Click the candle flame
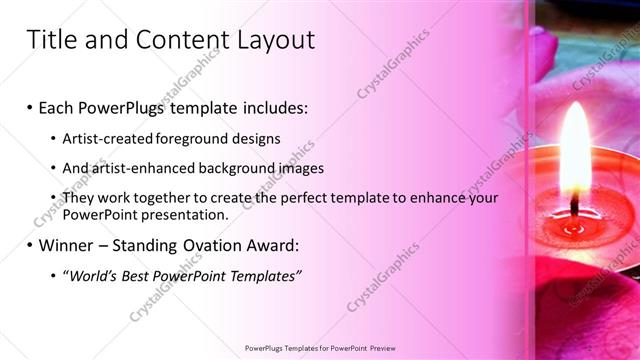pyautogui.click(x=575, y=150)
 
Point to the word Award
pyautogui.click(x=267, y=244)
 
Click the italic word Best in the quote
pyautogui.click(x=140, y=275)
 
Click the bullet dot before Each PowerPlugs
pyautogui.click(x=30, y=105)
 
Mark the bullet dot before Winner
pyautogui.click(x=30, y=244)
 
